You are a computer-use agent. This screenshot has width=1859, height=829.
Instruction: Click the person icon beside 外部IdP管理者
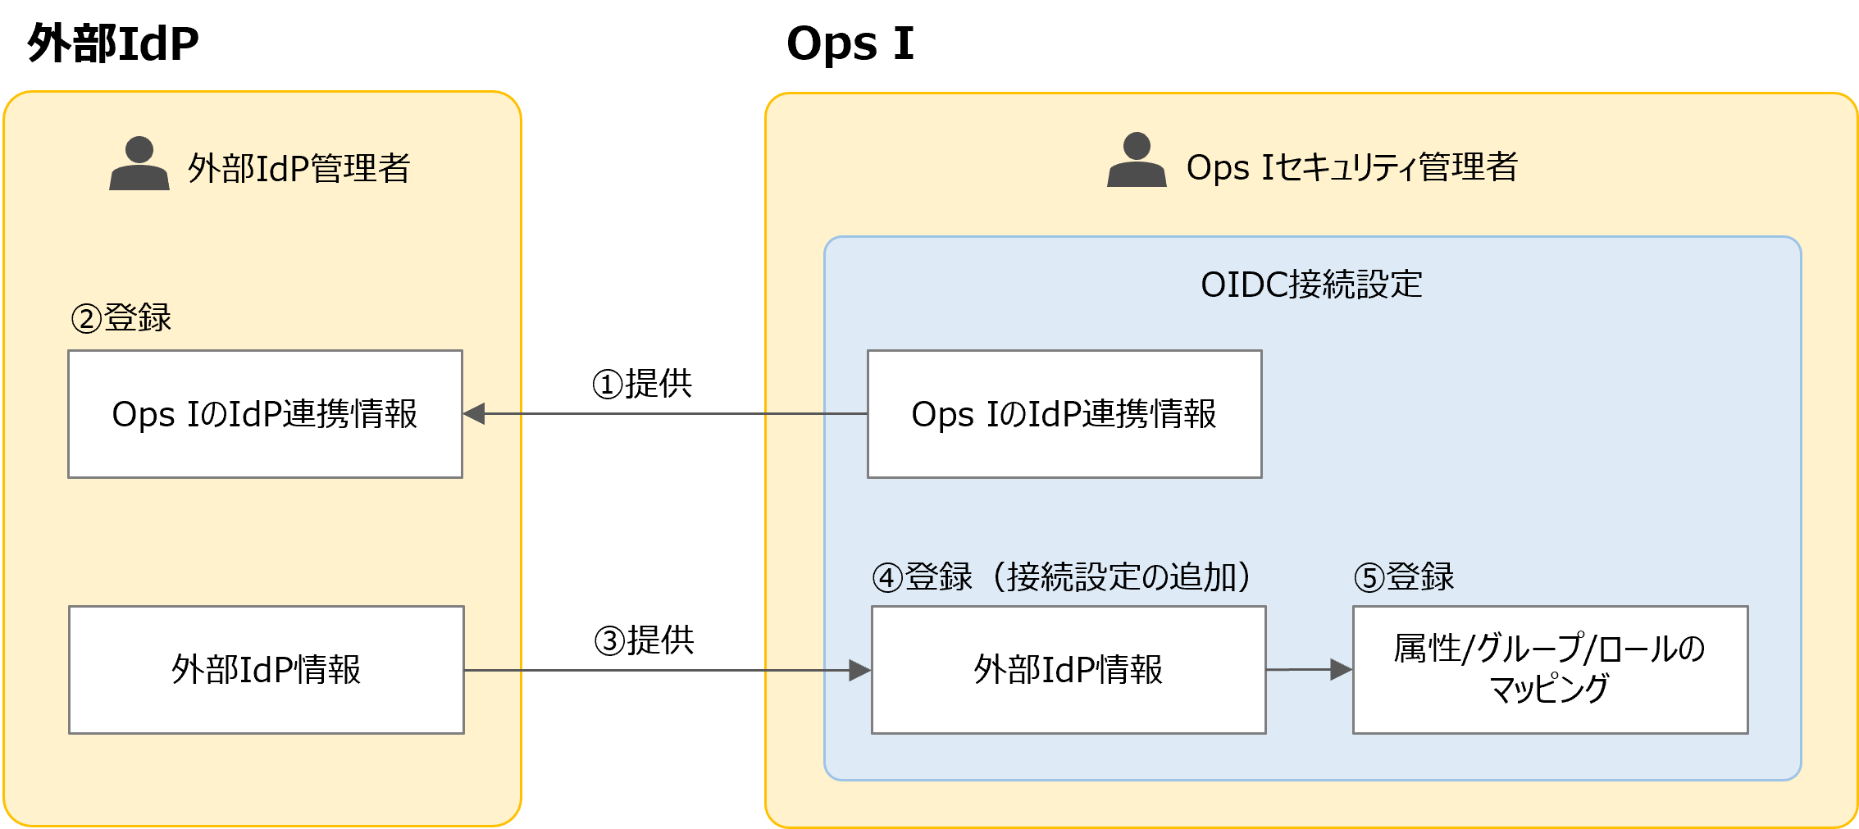click(139, 164)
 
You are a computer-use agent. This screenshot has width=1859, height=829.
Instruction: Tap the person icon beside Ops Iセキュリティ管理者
click(1137, 161)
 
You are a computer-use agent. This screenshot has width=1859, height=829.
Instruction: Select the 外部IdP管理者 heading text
click(299, 168)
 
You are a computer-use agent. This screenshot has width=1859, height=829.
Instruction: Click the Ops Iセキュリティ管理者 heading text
click(1351, 167)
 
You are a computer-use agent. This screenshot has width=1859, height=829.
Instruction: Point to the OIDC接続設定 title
click(1311, 285)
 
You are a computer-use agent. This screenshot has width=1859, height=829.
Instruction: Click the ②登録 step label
click(121, 317)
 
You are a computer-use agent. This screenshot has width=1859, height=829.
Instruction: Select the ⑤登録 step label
click(1404, 577)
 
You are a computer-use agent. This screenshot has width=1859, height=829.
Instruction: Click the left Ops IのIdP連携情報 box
click(265, 414)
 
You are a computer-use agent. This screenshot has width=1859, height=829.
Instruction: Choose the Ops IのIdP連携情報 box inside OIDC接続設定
click(1064, 414)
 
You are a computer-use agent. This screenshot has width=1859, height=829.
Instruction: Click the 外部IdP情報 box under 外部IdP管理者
click(266, 670)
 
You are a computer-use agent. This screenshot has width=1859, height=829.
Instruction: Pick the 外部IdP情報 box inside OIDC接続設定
click(1068, 670)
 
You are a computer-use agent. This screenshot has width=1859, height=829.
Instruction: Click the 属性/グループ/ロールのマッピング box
click(1550, 670)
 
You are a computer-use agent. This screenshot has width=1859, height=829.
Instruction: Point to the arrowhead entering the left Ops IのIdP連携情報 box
click(475, 414)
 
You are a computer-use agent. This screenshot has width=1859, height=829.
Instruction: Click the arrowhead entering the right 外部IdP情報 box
click(859, 671)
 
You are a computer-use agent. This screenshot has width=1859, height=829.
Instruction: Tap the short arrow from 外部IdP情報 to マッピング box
click(1309, 670)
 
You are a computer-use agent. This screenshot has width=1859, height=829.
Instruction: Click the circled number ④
click(888, 578)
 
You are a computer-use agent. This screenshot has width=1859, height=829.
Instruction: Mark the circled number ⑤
click(1369, 578)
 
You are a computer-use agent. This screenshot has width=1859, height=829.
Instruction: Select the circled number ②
click(86, 318)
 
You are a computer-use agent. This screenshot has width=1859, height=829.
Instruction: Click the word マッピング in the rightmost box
click(1549, 689)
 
